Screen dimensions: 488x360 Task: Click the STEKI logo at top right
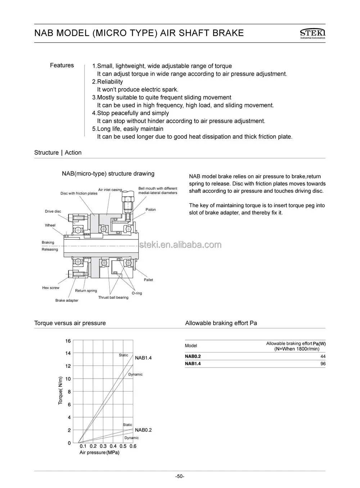click(x=312, y=33)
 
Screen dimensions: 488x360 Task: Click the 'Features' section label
click(x=62, y=65)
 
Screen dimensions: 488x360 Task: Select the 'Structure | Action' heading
click(x=58, y=153)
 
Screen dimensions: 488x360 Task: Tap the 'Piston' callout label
click(x=150, y=209)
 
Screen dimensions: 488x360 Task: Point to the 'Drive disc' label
click(x=53, y=211)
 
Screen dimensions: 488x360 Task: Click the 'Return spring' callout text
click(x=86, y=290)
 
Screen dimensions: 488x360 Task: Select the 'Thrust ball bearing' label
click(x=113, y=297)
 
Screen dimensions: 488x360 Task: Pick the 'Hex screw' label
click(x=51, y=288)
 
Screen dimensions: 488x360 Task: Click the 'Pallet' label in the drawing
click(x=148, y=280)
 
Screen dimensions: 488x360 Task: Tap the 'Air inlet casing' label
click(x=110, y=190)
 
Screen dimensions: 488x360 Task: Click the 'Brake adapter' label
click(x=67, y=300)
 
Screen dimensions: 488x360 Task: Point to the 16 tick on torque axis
click(x=68, y=341)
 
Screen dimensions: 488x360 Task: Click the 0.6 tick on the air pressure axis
click(x=133, y=446)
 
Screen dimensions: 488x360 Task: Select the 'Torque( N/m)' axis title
click(x=60, y=390)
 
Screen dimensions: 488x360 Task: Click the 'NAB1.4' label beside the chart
click(x=143, y=358)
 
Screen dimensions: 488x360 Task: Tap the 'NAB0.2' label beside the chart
click(x=143, y=430)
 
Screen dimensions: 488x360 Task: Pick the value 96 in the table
click(x=323, y=364)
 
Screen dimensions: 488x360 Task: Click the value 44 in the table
click(x=323, y=356)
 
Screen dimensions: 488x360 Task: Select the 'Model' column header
click(x=191, y=345)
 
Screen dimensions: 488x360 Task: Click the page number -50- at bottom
click(x=180, y=476)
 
